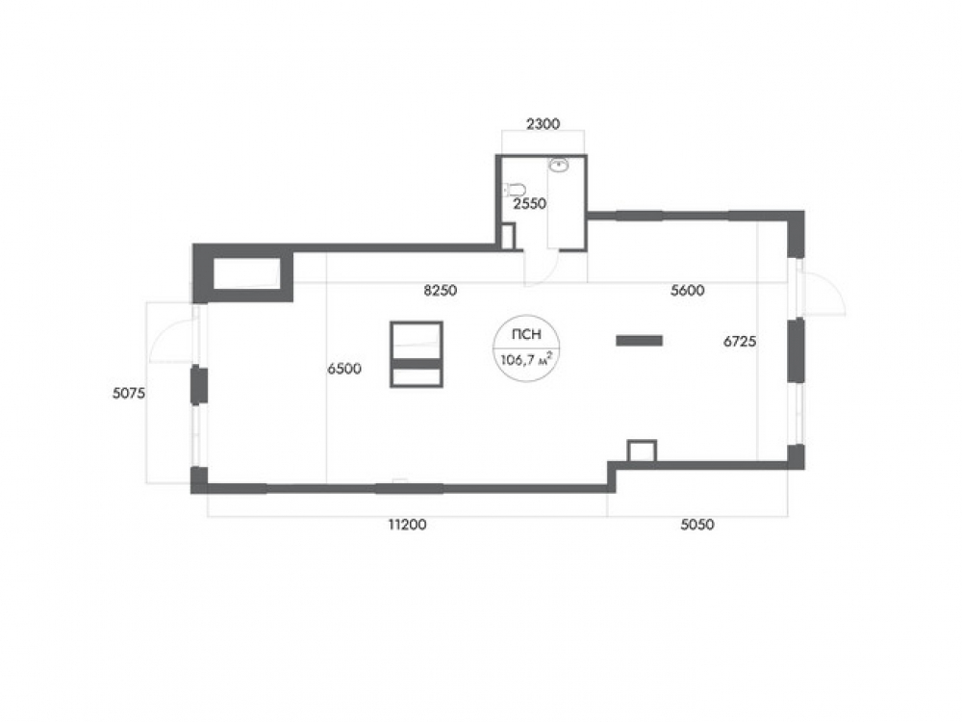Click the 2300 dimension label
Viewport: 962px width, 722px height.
pyautogui.click(x=543, y=124)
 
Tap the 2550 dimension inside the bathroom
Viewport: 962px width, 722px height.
pyautogui.click(x=529, y=203)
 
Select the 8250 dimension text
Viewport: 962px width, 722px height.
pyautogui.click(x=441, y=291)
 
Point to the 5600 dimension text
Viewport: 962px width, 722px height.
pyautogui.click(x=687, y=291)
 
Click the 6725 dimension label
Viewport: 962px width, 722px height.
pyautogui.click(x=739, y=342)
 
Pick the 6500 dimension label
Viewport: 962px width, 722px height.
pyautogui.click(x=344, y=369)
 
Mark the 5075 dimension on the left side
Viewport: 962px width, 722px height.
pyautogui.click(x=129, y=394)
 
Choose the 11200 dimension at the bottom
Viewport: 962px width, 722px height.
pyautogui.click(x=407, y=525)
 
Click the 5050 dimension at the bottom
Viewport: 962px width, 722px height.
pyautogui.click(x=697, y=525)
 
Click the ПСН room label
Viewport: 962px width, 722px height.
pyautogui.click(x=527, y=335)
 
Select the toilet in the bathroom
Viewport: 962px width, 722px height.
pyautogui.click(x=516, y=189)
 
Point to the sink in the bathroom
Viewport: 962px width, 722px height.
pyautogui.click(x=559, y=165)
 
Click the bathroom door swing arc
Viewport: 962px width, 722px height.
pyautogui.click(x=549, y=274)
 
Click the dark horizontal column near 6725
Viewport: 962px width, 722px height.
pyautogui.click(x=640, y=340)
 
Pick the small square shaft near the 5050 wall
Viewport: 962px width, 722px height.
pyautogui.click(x=643, y=451)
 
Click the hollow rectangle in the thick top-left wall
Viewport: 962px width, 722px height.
pyautogui.click(x=246, y=273)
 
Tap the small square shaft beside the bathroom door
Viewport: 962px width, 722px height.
pyautogui.click(x=508, y=237)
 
